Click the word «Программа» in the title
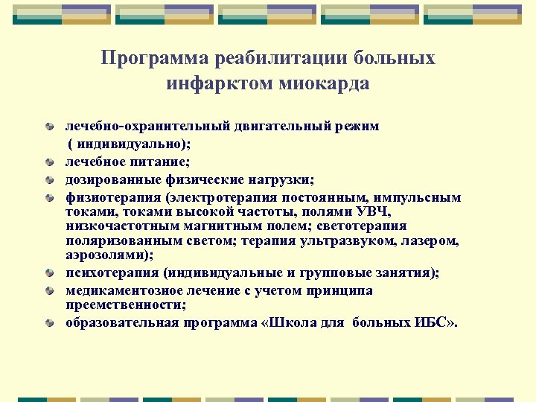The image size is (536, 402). [x=154, y=59]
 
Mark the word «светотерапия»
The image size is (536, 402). [x=365, y=226]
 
